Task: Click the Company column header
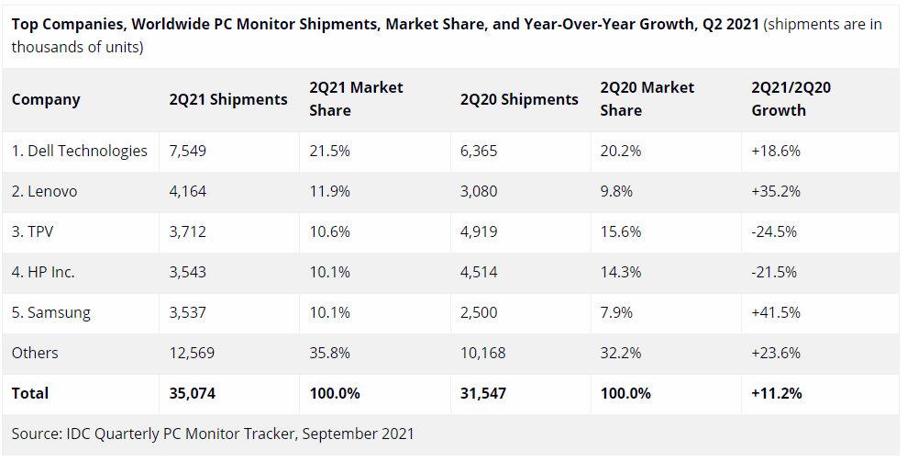(x=46, y=99)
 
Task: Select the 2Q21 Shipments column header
(x=228, y=99)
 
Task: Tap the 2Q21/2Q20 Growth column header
(x=791, y=99)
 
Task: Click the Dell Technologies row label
(x=80, y=151)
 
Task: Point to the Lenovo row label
(x=45, y=191)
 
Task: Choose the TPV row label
(x=33, y=231)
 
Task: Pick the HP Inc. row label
(x=43, y=272)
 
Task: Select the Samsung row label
(x=51, y=312)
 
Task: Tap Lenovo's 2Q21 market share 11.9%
(x=330, y=191)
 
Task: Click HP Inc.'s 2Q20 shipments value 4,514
(x=479, y=272)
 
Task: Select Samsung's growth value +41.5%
(x=774, y=312)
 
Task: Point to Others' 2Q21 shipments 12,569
(x=194, y=353)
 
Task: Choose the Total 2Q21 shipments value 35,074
(x=194, y=393)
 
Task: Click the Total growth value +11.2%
(x=776, y=393)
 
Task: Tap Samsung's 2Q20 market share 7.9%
(x=616, y=312)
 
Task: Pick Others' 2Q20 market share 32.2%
(x=621, y=353)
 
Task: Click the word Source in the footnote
(x=36, y=433)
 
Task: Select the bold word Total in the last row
(x=30, y=393)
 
